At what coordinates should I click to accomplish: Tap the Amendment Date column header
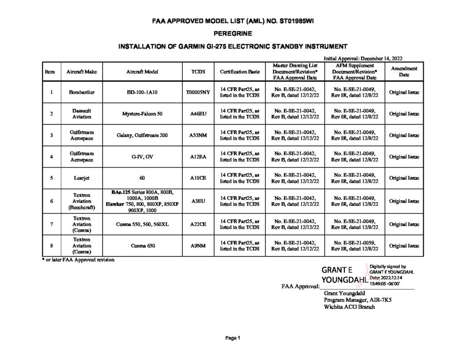pyautogui.click(x=404, y=71)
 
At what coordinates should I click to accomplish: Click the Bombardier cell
pyautogui.click(x=81, y=92)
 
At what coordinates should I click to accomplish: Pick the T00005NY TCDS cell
pyautogui.click(x=198, y=92)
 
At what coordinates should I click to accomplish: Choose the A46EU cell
pyautogui.click(x=198, y=114)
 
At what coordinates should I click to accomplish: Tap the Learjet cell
pyautogui.click(x=81, y=178)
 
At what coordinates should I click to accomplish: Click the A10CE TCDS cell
pyautogui.click(x=198, y=178)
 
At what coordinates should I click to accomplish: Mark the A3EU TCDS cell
pyautogui.click(x=198, y=201)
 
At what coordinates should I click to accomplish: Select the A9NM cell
pyautogui.click(x=198, y=246)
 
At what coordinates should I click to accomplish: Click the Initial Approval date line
pyautogui.click(x=363, y=58)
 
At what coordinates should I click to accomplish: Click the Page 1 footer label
pyautogui.click(x=233, y=338)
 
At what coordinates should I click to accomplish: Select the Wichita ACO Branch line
pyautogui.click(x=349, y=307)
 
